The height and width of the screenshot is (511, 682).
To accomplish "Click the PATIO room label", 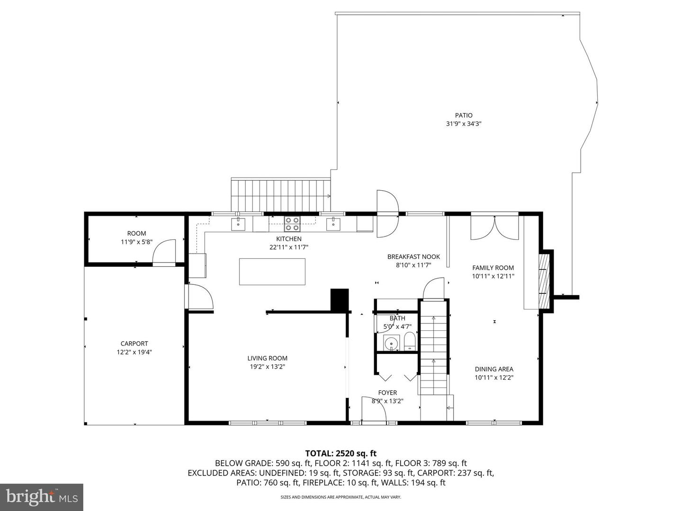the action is coord(464,115).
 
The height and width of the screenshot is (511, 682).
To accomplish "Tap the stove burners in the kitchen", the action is coord(292,224).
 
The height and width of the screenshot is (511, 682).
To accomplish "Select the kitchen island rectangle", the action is coord(272,272).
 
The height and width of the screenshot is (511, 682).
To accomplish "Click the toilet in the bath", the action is coord(410,341).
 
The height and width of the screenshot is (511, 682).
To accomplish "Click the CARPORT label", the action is coord(134,344).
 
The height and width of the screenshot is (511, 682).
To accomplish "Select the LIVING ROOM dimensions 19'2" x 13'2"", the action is coord(268,366).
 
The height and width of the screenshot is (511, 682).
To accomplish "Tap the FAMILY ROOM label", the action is coord(493,268).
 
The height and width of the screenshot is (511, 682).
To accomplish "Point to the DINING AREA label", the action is coord(494,369).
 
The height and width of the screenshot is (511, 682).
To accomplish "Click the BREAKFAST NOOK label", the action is coord(413,256).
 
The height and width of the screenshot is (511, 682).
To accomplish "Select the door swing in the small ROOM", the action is coord(164,252).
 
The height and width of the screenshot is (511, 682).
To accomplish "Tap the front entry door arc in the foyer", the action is coord(374,409).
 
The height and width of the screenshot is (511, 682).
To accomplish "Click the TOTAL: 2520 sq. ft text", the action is coord(341,453).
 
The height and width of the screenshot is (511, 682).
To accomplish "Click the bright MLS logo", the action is coord(42,497).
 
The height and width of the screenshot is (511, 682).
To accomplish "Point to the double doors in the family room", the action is coord(494,228).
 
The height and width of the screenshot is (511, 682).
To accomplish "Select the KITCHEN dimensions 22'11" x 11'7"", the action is coord(288,247).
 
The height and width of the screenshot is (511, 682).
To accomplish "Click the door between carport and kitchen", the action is coord(200,297).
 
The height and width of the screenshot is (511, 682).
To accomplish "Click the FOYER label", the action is coord(387,393).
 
